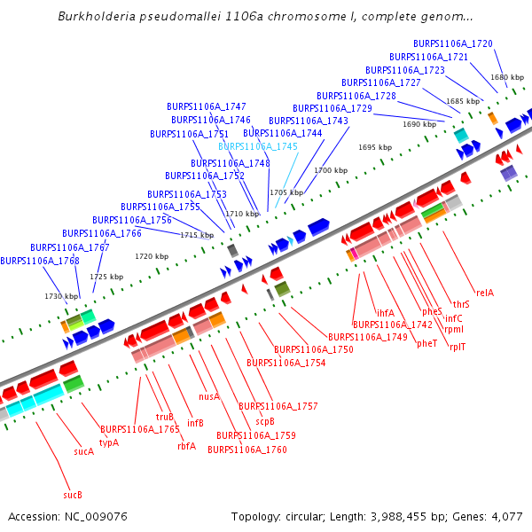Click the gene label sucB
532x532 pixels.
[x=73, y=494]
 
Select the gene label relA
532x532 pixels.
[x=485, y=292]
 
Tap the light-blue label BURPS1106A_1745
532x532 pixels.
[x=258, y=146]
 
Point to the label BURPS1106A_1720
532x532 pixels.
[x=453, y=43]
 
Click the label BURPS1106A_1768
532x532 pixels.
[x=40, y=261]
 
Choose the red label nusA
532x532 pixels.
[x=209, y=396]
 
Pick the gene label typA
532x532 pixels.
[x=109, y=442]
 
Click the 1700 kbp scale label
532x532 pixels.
[x=330, y=170]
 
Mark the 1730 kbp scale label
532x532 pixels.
[x=60, y=296]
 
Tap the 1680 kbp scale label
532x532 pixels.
[x=506, y=78]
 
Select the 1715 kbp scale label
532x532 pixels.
[x=196, y=235]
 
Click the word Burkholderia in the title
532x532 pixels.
[x=98, y=17]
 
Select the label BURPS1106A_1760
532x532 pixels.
[x=247, y=450]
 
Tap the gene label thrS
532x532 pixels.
[x=461, y=304]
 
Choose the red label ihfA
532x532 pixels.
[x=386, y=312]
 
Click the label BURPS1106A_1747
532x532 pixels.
[x=207, y=106]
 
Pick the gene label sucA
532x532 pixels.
[x=84, y=451]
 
